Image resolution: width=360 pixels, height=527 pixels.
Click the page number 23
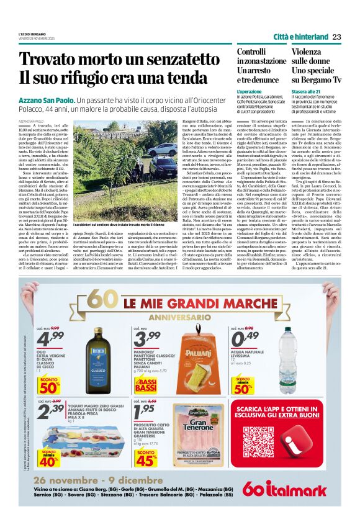(x=336, y=37)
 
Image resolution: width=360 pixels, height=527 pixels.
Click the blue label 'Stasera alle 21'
(x=306, y=91)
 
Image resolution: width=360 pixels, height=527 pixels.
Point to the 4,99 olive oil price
(x=50, y=339)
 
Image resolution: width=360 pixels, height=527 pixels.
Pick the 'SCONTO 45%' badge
(x=147, y=457)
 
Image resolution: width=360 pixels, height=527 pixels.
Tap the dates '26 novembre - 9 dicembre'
(x=91, y=480)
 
